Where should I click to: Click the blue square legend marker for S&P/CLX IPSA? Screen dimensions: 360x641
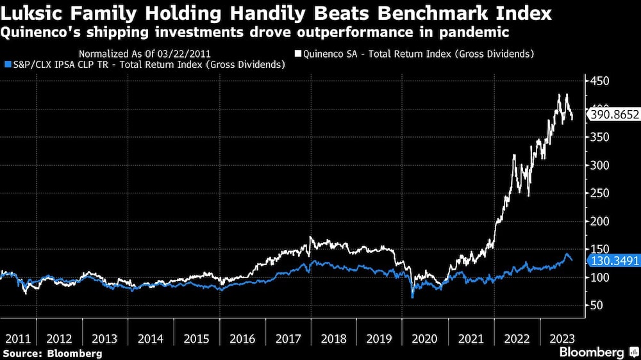6,65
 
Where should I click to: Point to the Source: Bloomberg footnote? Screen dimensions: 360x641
52,353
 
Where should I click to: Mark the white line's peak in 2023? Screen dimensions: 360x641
560,95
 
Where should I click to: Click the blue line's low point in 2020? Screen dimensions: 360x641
413,297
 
